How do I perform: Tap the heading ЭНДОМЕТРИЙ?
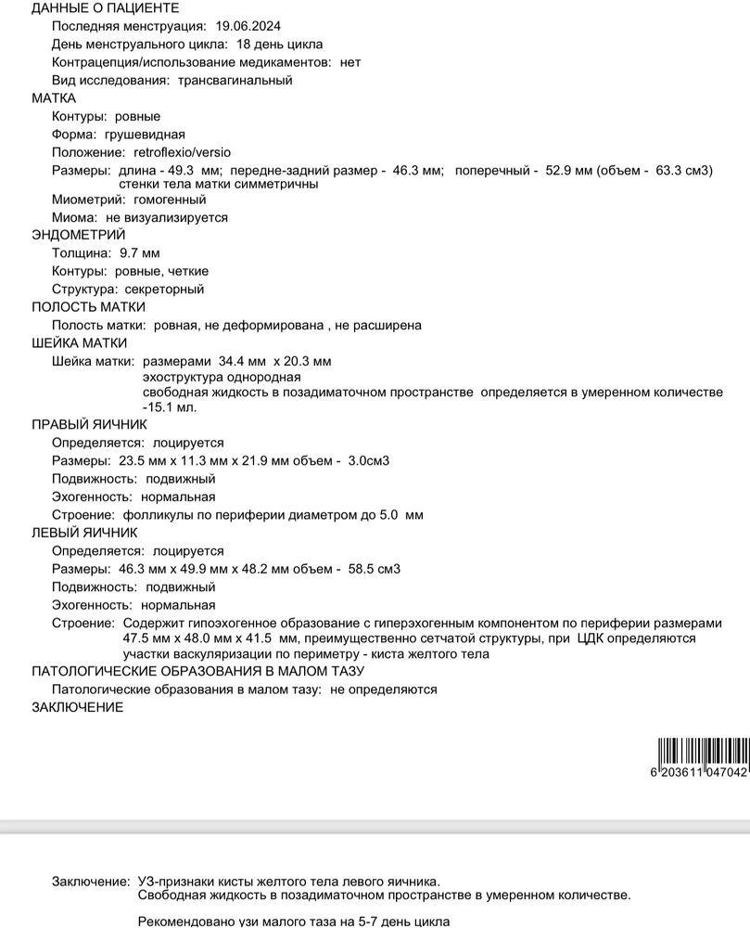78,235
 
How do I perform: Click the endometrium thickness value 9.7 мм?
140,253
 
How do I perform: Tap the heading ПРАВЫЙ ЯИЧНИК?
89,425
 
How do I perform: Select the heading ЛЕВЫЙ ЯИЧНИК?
84,533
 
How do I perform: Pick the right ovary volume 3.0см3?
368,461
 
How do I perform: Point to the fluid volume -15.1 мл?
170,406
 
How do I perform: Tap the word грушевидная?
145,135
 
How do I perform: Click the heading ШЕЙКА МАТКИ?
80,343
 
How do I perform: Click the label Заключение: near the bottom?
90,881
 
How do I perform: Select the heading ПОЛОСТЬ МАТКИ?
88,307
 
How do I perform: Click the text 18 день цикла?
277,45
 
